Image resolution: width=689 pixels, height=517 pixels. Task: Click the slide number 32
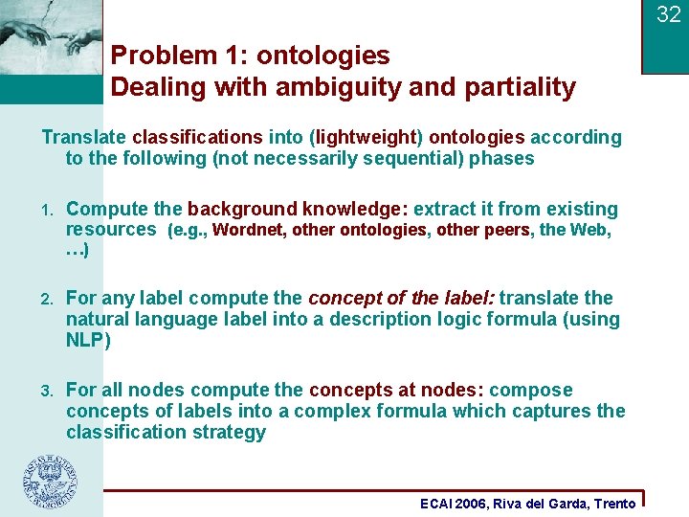pos(668,14)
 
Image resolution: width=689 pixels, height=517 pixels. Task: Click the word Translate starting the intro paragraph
pos(84,137)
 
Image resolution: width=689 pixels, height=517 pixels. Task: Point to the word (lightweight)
pos(367,137)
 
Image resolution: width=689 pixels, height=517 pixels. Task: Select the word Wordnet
pos(248,230)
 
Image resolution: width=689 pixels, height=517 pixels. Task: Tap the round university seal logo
pos(51,482)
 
